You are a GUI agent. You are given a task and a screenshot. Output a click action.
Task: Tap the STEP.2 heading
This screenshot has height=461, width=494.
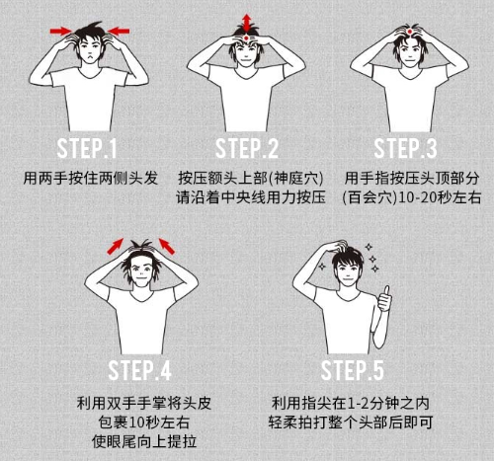click(x=246, y=150)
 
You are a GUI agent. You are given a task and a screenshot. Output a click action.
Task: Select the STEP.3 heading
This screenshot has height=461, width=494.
click(x=405, y=150)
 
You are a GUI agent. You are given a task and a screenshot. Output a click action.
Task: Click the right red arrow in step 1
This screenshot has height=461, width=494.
click(x=118, y=32)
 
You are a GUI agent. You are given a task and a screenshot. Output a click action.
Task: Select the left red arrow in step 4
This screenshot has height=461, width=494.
click(x=116, y=244)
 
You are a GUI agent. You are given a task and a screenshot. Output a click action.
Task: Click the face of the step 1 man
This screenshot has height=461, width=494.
click(x=89, y=51)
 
